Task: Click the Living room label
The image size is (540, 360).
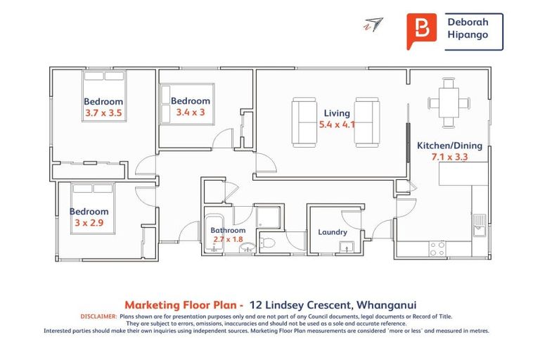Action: tap(337, 113)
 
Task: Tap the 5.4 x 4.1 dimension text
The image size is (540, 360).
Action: tap(337, 124)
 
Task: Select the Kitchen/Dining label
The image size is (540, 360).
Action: tap(450, 146)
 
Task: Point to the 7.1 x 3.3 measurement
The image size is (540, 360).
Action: tap(450, 157)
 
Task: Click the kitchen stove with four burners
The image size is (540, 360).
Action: tap(437, 248)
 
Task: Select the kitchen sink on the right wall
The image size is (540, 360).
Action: tap(479, 224)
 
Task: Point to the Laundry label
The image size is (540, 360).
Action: tap(333, 232)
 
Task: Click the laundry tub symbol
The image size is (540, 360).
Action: tap(346, 246)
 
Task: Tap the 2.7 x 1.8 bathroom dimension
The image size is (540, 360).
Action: tap(228, 240)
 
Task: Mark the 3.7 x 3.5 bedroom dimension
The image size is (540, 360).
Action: tap(104, 112)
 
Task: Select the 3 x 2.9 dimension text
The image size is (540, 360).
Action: tap(89, 222)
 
